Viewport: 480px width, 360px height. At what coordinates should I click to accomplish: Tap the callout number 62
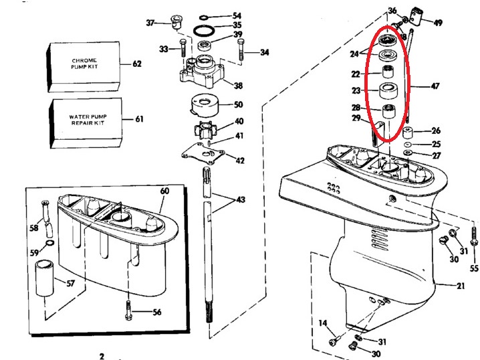click(x=138, y=64)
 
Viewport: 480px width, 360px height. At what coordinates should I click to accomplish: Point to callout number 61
click(x=139, y=120)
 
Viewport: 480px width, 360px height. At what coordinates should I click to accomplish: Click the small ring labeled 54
click(x=204, y=15)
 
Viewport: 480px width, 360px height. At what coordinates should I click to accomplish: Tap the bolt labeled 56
click(x=128, y=311)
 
